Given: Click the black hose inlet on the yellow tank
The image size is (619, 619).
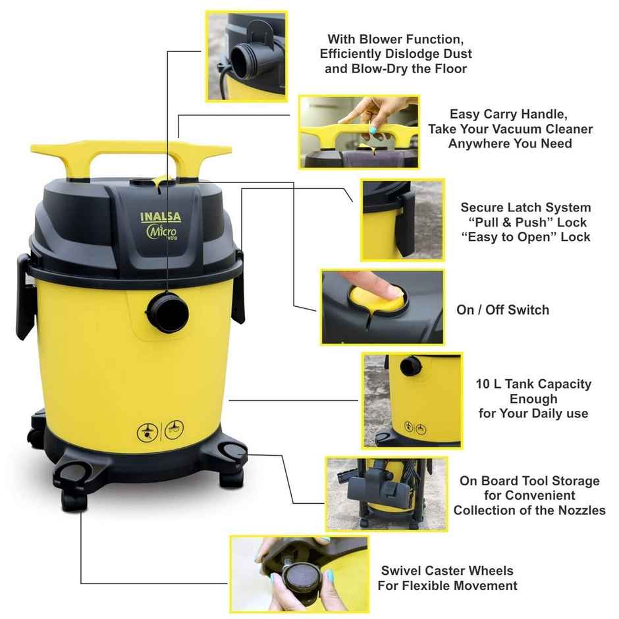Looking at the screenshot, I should click(168, 311).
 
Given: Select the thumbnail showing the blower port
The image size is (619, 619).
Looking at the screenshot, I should click(247, 56).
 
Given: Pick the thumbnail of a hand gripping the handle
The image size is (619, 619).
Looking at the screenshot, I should click(358, 132).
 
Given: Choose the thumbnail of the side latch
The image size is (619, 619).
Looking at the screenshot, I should click(402, 219).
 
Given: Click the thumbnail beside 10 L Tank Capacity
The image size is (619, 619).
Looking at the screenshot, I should click(412, 400).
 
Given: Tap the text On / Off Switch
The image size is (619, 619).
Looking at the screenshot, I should click(502, 309).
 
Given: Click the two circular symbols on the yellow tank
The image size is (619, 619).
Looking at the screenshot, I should click(160, 430).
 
